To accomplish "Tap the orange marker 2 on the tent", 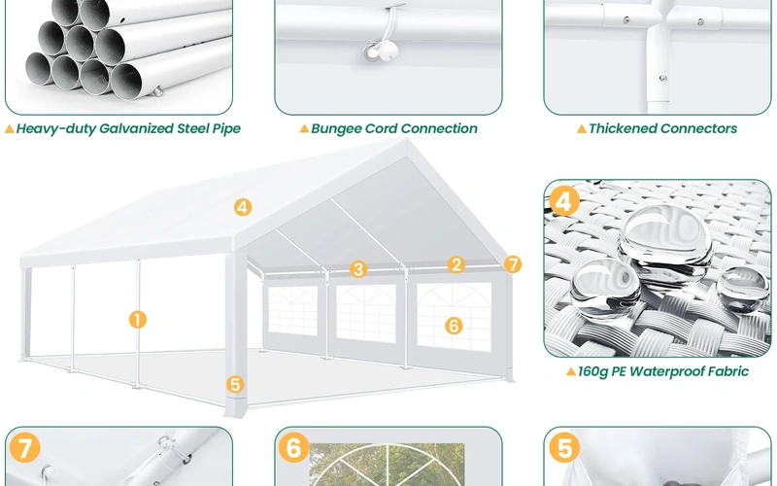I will point(456,263).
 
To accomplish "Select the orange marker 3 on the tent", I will point(358,269).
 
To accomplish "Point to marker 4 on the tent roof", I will point(242,206).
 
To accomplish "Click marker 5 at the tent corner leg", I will point(235,384).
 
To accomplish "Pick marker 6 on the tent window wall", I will point(454,326).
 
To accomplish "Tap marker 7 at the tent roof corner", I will point(514,264).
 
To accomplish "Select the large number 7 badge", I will point(26,449).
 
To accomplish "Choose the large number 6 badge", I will point(294,449).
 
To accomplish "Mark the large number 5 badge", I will point(563,449).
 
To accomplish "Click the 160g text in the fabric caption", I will point(594,371).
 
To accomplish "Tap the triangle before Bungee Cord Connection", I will point(303,128).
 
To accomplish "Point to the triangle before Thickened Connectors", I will point(581,128).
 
